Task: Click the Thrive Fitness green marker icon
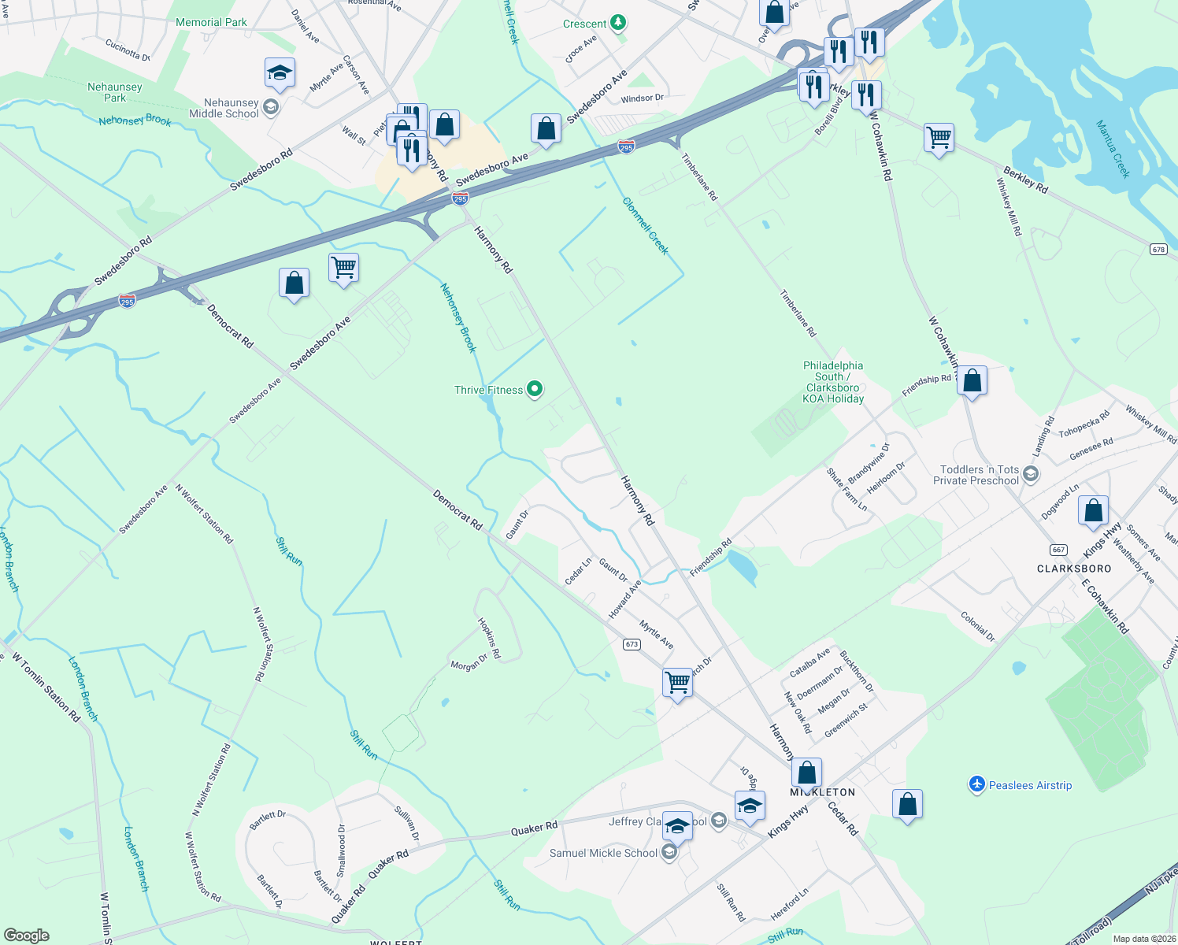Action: [535, 389]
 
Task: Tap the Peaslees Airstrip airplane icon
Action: [977, 784]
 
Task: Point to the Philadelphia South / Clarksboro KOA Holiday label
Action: [833, 382]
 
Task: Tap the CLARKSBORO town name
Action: [1074, 569]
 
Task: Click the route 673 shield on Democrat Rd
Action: [632, 644]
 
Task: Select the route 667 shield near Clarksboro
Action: [1058, 550]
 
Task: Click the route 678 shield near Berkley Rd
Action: [1158, 249]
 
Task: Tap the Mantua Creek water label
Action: [1113, 149]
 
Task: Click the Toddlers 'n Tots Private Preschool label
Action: [976, 475]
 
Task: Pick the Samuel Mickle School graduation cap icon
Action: [669, 853]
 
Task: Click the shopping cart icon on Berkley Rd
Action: [939, 138]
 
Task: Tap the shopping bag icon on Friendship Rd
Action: [972, 381]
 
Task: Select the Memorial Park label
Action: [211, 22]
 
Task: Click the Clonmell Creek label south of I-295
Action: [645, 226]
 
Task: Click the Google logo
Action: [27, 936]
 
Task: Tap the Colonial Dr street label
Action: [978, 626]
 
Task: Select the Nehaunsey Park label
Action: [115, 92]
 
